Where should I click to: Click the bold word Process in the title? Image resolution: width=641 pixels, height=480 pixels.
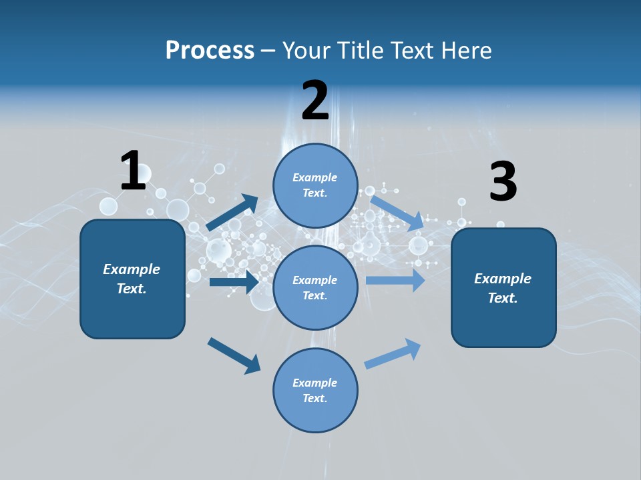pyautogui.click(x=210, y=50)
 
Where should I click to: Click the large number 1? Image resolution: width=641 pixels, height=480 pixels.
pyautogui.click(x=133, y=171)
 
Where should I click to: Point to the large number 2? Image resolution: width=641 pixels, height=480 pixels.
pyautogui.click(x=315, y=101)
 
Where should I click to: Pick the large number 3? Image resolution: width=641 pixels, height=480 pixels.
pyautogui.click(x=503, y=182)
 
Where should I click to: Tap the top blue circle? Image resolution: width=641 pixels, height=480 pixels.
pyautogui.click(x=315, y=185)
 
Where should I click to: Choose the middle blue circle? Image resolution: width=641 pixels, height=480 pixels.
pyautogui.click(x=315, y=288)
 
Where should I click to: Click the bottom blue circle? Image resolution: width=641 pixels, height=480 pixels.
pyautogui.click(x=315, y=391)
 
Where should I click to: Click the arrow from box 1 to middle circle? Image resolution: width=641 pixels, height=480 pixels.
pyautogui.click(x=234, y=282)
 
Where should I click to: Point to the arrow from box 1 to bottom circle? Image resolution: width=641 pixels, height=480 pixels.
pyautogui.click(x=234, y=355)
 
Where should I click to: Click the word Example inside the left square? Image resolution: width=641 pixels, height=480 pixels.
pyautogui.click(x=132, y=269)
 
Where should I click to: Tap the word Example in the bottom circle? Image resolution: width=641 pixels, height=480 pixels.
pyautogui.click(x=315, y=383)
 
